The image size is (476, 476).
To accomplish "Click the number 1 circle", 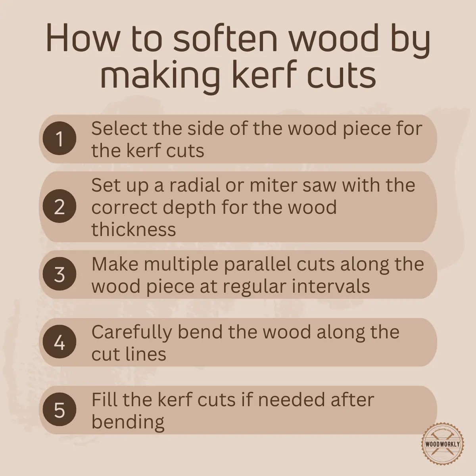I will pos(59,139).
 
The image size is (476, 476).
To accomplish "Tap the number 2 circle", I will pos(59,207).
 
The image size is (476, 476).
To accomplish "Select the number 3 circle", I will pos(59,274).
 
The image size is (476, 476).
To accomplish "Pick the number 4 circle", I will pos(59,342).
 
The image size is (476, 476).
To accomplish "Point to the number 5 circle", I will pos(59,410).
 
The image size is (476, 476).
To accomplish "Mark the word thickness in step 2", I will pos(134,229).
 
